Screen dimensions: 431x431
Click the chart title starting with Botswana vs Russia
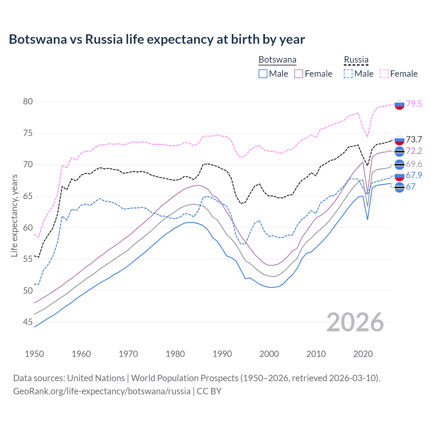157,39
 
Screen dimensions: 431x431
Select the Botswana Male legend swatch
263,74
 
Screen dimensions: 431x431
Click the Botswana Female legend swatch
299,74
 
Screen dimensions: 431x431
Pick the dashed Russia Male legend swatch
348,74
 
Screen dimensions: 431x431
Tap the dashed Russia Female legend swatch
384,74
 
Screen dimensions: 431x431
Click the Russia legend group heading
356,60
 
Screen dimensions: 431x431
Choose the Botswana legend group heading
277,60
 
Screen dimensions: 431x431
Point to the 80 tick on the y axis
28,101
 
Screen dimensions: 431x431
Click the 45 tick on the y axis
28,322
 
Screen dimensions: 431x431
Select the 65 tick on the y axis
28,196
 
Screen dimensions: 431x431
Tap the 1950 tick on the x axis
34,354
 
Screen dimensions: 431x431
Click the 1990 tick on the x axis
222,354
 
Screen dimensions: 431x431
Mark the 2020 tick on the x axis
363,354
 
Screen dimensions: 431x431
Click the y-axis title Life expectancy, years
14,215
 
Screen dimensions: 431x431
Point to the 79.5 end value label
414,104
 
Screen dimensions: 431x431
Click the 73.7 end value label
414,139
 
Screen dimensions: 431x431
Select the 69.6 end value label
414,164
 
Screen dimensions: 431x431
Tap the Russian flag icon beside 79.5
399,105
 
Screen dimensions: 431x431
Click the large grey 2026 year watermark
355,322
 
